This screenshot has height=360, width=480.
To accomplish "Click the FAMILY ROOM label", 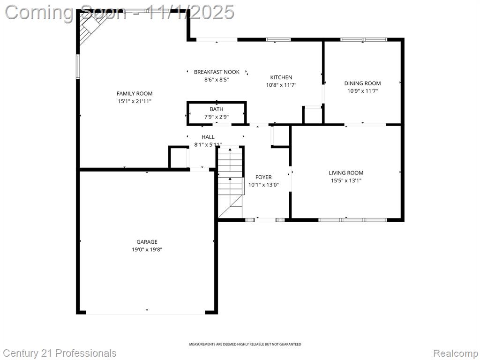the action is [x=135, y=94].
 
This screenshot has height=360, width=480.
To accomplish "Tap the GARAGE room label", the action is [x=147, y=242].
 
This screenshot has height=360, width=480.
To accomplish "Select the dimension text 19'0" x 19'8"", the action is [x=147, y=249].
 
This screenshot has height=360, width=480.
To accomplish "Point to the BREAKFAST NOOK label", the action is [x=217, y=72].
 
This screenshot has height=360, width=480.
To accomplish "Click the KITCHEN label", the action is [x=281, y=77].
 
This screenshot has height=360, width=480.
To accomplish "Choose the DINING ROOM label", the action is [x=362, y=83].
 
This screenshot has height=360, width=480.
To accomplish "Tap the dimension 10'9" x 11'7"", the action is [x=362, y=91].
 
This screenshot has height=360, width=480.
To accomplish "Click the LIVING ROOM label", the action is [x=346, y=173].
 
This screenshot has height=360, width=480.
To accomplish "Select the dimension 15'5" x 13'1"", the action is [x=346, y=180].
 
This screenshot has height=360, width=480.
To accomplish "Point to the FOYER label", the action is [x=263, y=177].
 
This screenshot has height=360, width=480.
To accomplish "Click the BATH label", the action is [x=217, y=109].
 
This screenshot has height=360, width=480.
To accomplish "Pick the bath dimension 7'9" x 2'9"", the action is [x=217, y=117].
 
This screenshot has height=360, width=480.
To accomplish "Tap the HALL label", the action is [x=208, y=137].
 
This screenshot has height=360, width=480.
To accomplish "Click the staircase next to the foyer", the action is [x=231, y=182].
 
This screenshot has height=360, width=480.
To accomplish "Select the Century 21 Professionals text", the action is [x=60, y=353].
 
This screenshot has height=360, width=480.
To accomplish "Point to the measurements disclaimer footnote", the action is [x=245, y=345].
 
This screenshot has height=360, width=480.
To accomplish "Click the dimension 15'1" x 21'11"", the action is [x=135, y=101].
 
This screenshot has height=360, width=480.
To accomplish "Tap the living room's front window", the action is [x=352, y=220].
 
